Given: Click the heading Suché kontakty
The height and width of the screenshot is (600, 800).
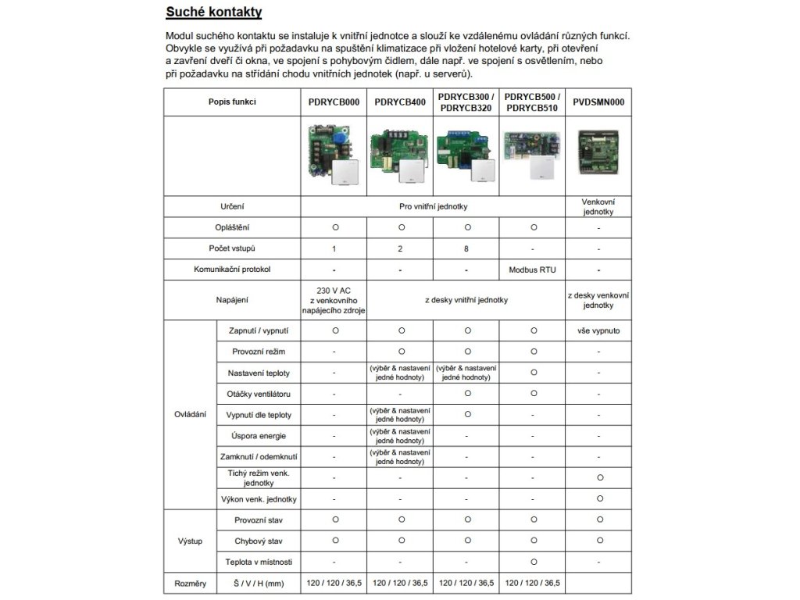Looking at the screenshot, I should (213, 12).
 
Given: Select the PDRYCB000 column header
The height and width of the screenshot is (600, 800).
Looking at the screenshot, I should (334, 102).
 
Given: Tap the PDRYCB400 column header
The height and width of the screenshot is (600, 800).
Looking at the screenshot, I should (400, 102).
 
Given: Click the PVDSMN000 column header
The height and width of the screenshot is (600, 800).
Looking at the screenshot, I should (598, 102).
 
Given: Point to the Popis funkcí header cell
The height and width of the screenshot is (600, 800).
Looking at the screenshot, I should (232, 102).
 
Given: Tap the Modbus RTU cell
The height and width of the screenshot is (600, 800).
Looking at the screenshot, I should (532, 270).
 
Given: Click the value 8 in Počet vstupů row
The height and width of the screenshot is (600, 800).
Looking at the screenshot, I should (466, 248).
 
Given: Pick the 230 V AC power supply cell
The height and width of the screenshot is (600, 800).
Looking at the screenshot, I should (334, 300).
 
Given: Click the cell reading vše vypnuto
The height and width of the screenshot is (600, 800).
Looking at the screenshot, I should (598, 330).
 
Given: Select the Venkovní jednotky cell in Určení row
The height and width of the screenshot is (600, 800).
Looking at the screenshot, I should (598, 206).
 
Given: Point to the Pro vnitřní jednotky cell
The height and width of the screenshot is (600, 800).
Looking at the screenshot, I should (433, 206).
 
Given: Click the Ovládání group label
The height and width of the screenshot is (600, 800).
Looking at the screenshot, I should (190, 414).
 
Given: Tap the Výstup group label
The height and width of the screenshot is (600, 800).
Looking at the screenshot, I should (190, 541).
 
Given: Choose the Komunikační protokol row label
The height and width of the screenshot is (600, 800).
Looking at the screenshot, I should (232, 270).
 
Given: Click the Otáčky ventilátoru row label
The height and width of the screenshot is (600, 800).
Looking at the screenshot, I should (258, 394).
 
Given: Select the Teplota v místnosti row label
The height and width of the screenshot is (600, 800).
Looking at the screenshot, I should (258, 562).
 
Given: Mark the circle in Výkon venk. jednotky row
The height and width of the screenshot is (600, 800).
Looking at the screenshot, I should (598, 498).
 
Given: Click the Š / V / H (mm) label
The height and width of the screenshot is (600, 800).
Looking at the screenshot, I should (258, 583).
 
